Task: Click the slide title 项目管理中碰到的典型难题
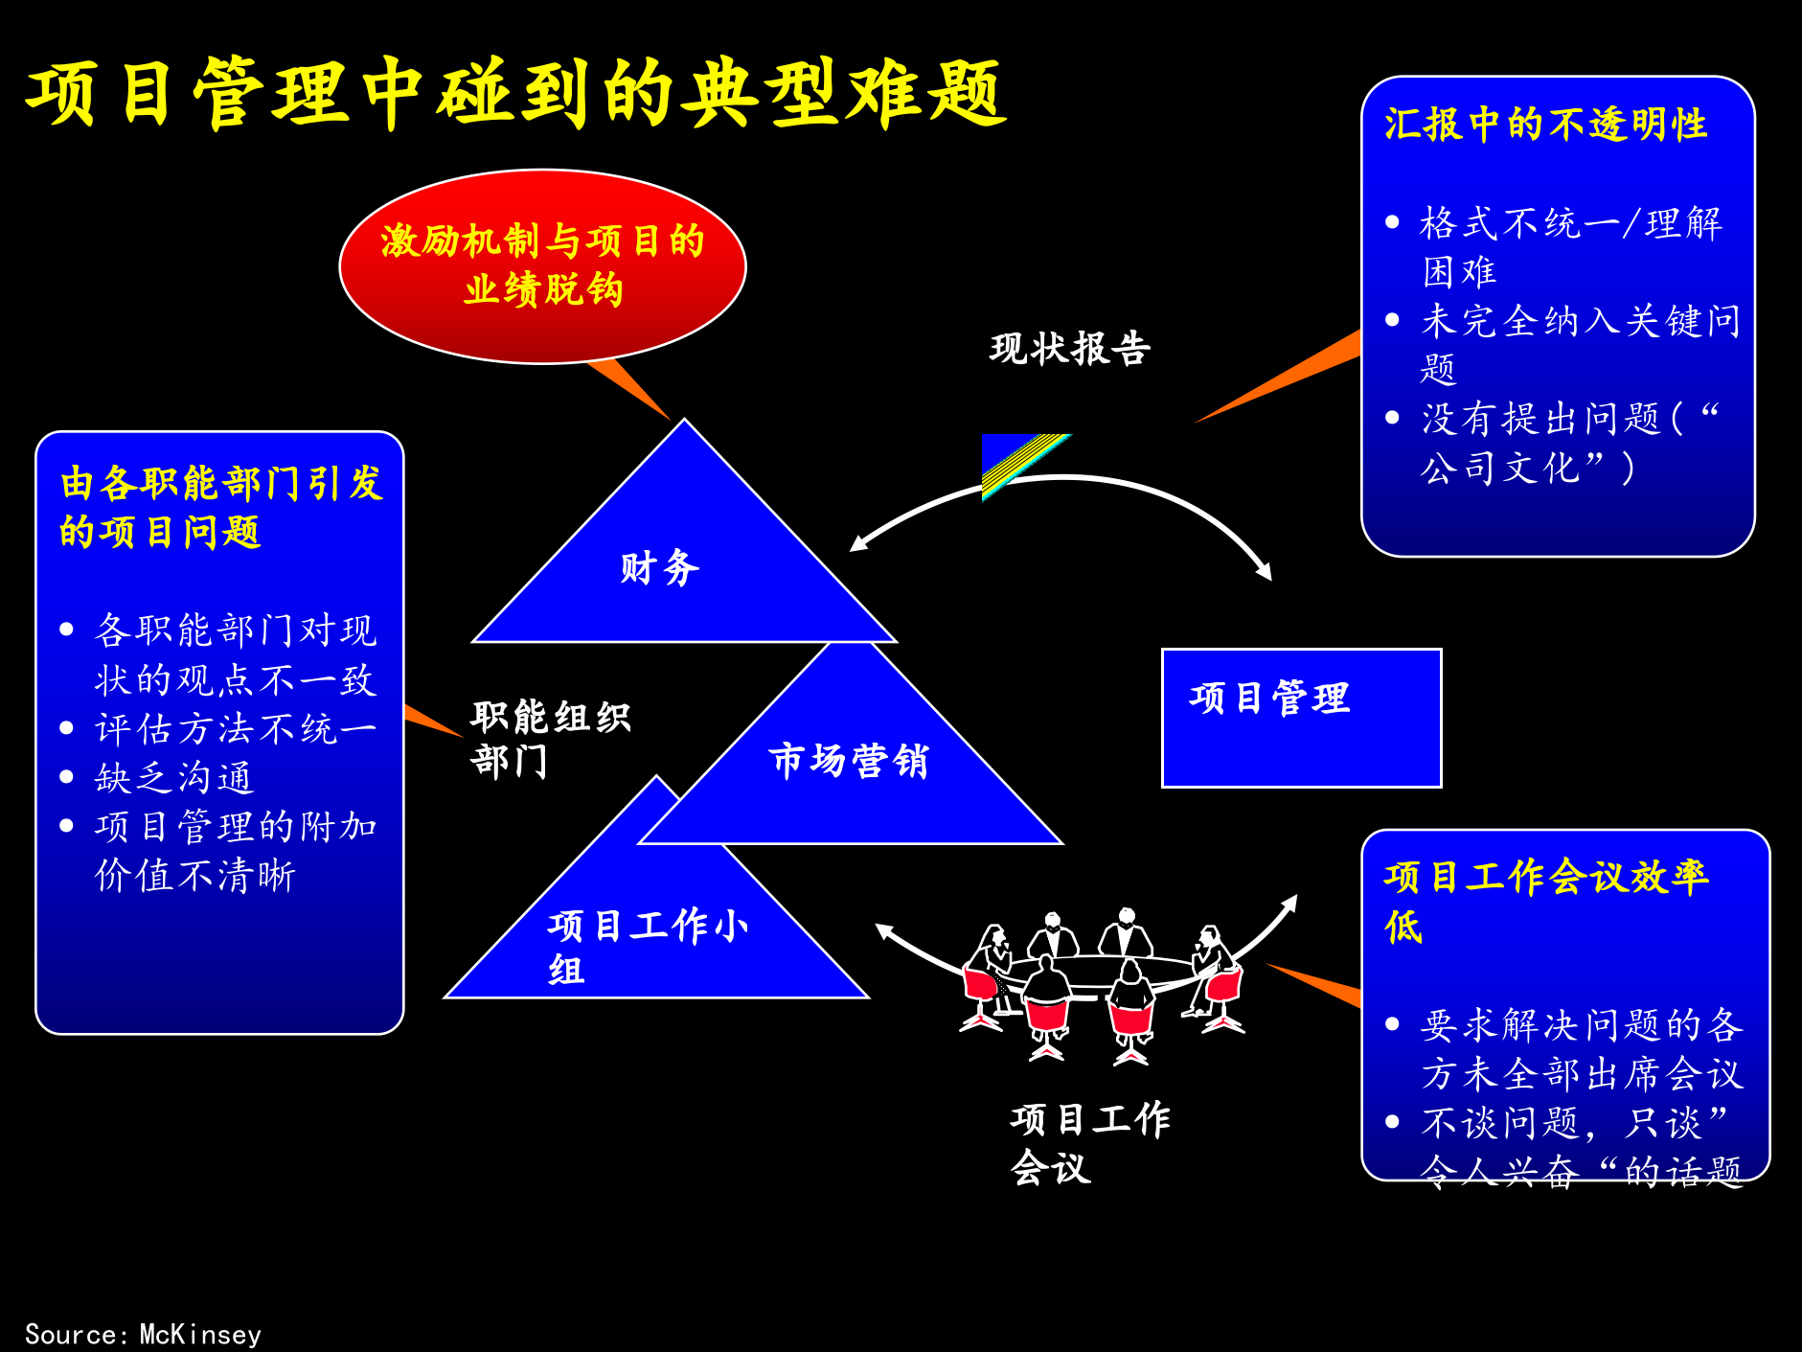point(515,93)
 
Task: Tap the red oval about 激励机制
point(542,265)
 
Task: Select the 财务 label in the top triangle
point(659,567)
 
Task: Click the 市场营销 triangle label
point(849,761)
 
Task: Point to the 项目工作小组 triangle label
point(648,947)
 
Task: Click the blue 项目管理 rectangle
point(1300,718)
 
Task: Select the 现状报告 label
point(1069,349)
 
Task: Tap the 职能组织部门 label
point(550,739)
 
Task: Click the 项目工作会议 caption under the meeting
point(1089,1142)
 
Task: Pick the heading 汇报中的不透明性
point(1544,125)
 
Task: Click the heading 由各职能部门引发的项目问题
point(220,507)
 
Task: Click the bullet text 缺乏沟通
point(174,778)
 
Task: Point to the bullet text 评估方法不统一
point(236,729)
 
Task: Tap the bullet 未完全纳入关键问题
point(1579,343)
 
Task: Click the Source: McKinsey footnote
point(143,1334)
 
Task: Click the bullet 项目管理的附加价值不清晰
point(236,851)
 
